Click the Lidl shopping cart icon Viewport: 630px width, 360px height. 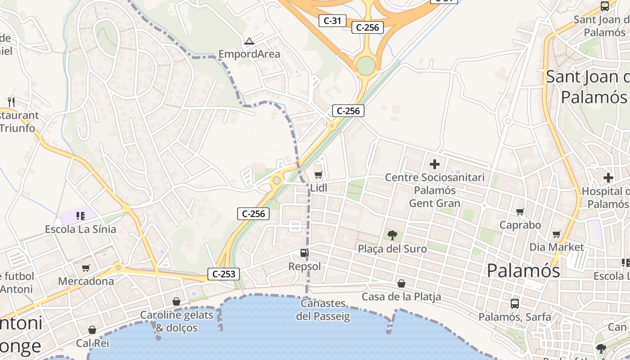(x=318, y=175)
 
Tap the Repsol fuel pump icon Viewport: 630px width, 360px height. (x=305, y=253)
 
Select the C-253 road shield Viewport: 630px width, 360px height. (x=224, y=274)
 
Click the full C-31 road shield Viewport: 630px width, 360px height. (x=333, y=20)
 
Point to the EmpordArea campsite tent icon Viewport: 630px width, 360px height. (x=249, y=41)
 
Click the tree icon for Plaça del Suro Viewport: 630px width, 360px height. (x=392, y=235)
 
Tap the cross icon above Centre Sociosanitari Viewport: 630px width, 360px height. (x=434, y=164)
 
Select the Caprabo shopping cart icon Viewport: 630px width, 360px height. (x=520, y=211)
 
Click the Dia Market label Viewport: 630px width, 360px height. (x=557, y=247)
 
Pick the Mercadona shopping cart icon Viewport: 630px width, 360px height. (x=86, y=268)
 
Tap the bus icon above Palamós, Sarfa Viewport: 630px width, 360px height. (x=515, y=303)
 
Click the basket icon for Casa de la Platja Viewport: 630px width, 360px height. (x=401, y=283)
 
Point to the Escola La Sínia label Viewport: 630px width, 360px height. (x=81, y=229)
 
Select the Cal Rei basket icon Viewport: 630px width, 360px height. (x=92, y=330)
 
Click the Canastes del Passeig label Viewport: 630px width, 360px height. (x=323, y=310)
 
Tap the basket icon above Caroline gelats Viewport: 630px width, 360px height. (x=176, y=301)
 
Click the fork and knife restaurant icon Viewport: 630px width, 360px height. (x=11, y=102)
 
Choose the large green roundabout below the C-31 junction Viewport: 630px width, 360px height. (x=366, y=66)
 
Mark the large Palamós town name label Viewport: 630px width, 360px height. (x=523, y=270)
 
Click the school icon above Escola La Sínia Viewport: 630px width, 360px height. (x=80, y=216)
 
